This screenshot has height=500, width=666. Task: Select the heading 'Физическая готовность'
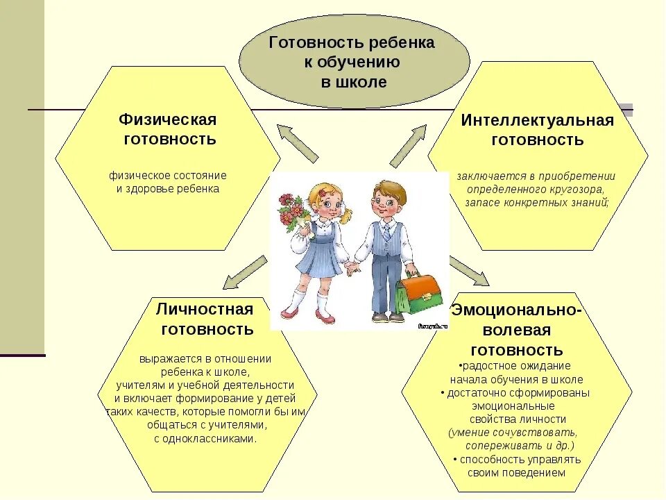point(169,129)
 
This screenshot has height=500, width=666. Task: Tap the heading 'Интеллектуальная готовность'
point(538,130)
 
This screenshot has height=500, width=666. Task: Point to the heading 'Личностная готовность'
point(205,319)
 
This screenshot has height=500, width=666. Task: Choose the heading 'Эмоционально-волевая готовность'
point(516,329)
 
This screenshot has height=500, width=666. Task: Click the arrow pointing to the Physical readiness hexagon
point(296,142)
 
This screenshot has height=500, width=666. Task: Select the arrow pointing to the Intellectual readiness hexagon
point(410,146)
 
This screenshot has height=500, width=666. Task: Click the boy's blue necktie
point(386,233)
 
